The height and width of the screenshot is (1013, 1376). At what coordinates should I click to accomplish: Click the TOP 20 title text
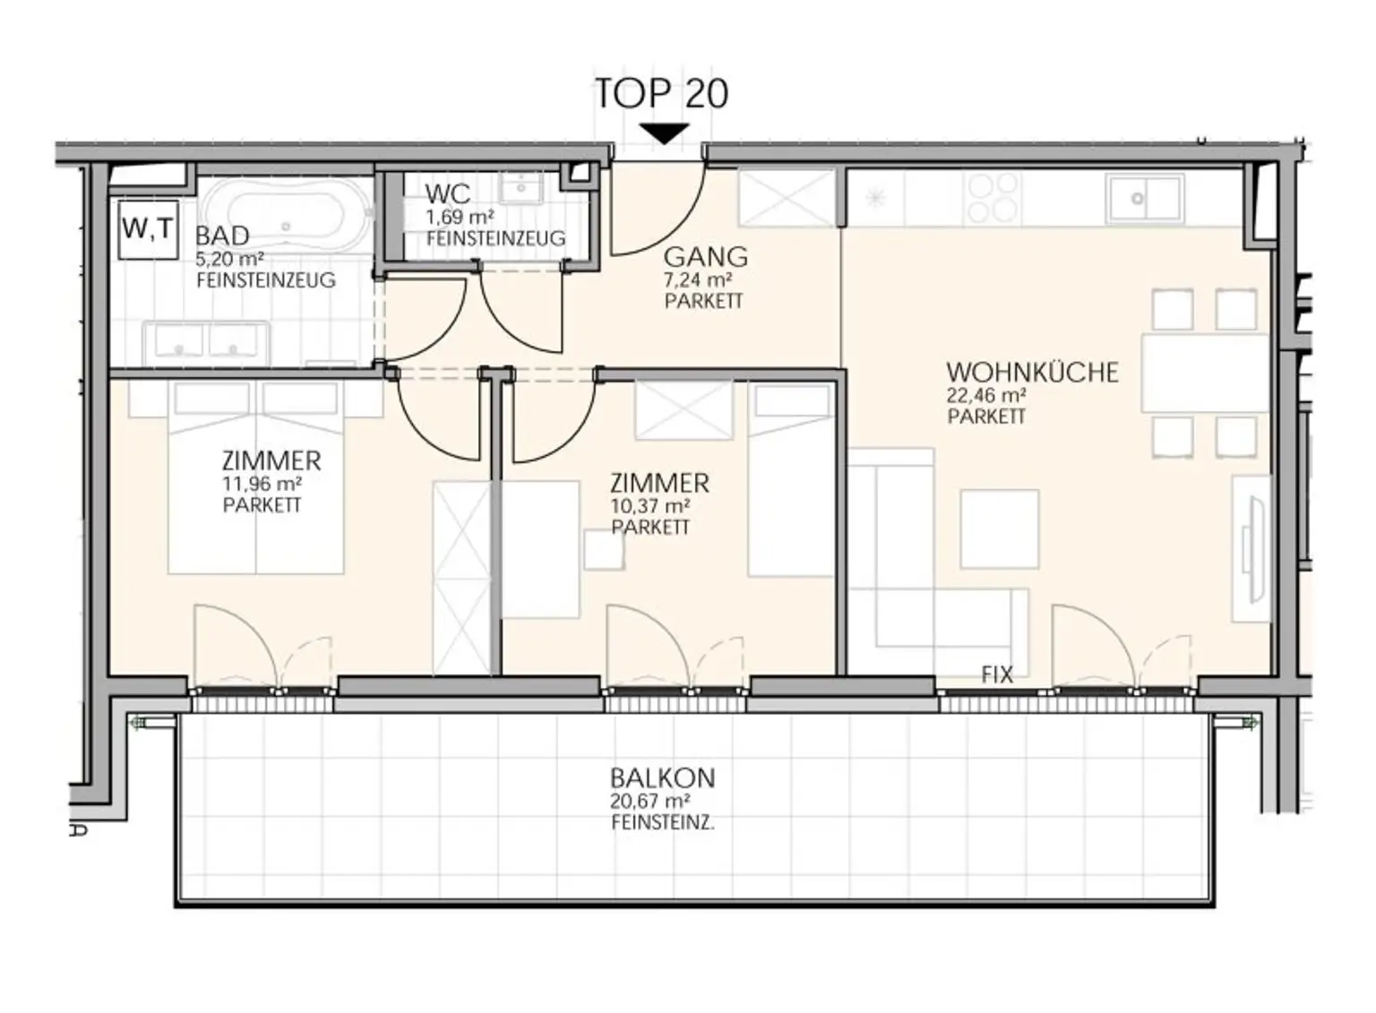coord(662,93)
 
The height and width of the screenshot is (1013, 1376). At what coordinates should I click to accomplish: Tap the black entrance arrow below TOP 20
coord(664,133)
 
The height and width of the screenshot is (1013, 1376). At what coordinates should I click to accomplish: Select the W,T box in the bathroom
coord(148,230)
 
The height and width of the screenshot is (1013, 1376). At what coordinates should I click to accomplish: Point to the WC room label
coord(448,194)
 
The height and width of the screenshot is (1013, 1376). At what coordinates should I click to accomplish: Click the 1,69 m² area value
coord(460,218)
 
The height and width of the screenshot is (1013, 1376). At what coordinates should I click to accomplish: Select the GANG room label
coord(706,257)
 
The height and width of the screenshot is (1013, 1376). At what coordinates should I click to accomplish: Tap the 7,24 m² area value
coord(699,280)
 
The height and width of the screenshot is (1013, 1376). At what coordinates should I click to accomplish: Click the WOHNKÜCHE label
coord(1032,373)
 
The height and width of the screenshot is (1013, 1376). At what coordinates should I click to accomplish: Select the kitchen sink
coord(1145,199)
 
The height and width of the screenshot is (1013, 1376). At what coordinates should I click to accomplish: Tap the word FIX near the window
coord(997,675)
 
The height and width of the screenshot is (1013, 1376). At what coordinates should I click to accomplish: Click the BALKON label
coord(663,778)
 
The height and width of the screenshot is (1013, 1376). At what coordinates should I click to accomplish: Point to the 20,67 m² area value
coord(650,801)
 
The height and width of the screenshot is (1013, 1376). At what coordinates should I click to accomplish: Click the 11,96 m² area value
coord(262,484)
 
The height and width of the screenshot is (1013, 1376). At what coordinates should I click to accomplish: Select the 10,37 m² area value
coord(650,506)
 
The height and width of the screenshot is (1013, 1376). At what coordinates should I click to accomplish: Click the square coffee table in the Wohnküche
coord(1000,529)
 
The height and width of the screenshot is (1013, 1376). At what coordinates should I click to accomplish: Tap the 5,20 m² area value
coord(230,258)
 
